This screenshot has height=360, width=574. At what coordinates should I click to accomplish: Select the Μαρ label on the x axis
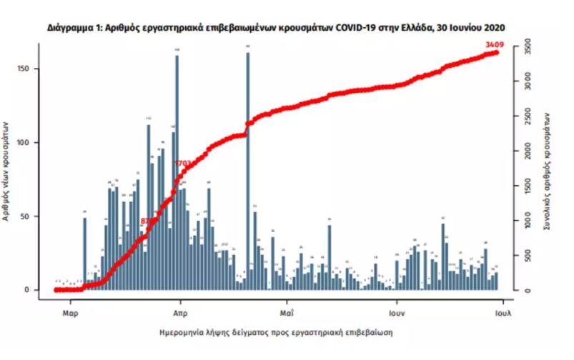pos(69,313)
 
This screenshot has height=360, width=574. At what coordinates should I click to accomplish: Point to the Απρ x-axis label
pos(179,313)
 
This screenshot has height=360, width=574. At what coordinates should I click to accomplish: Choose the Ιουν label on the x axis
pos(397,313)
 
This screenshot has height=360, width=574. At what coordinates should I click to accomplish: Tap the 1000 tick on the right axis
pos(525,221)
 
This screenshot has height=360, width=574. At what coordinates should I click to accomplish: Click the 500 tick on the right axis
pos(525,256)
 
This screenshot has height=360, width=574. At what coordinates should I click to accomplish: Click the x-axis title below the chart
pos(276,333)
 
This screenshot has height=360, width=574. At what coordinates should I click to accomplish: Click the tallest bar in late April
pos(247,171)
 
